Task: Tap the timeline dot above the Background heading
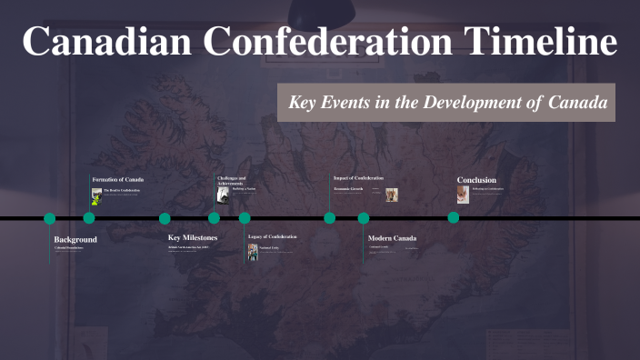50,218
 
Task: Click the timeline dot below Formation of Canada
89,218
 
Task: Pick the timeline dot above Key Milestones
165,218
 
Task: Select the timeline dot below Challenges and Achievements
214,218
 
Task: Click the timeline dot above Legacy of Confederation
245,218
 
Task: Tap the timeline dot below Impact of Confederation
330,218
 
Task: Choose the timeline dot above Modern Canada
364,218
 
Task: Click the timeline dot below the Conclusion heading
453,218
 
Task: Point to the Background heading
75,239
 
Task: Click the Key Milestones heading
193,237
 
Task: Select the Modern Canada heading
392,238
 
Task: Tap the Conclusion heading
476,180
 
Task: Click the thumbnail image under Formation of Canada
96,196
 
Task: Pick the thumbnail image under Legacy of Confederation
253,252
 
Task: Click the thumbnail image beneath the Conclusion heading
463,195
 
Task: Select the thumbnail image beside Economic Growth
392,195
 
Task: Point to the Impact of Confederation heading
358,178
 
